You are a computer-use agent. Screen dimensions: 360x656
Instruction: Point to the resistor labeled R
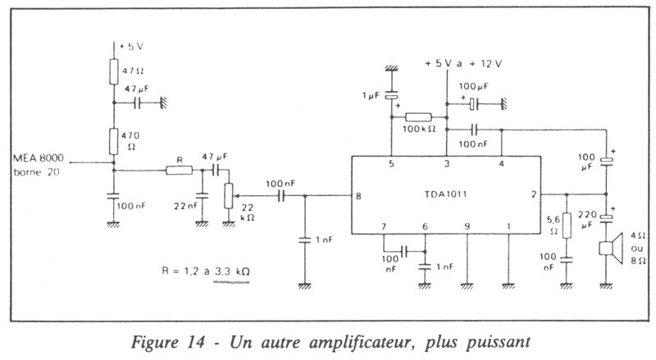click(x=178, y=171)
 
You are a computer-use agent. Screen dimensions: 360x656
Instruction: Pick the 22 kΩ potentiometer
click(x=229, y=195)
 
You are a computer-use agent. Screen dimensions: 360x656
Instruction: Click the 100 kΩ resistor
click(x=418, y=117)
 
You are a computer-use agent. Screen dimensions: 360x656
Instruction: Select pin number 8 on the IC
click(x=358, y=196)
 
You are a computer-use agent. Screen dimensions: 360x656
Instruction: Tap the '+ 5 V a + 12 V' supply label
click(x=466, y=63)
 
